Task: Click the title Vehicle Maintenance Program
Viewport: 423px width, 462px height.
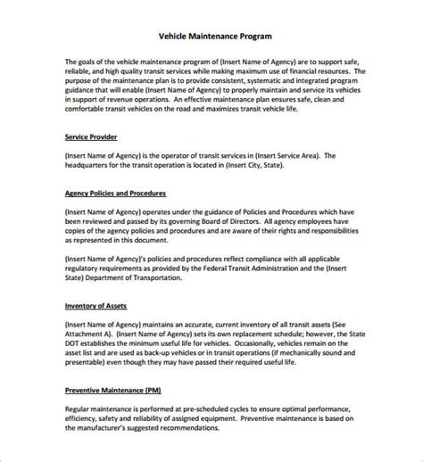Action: click(211, 37)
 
